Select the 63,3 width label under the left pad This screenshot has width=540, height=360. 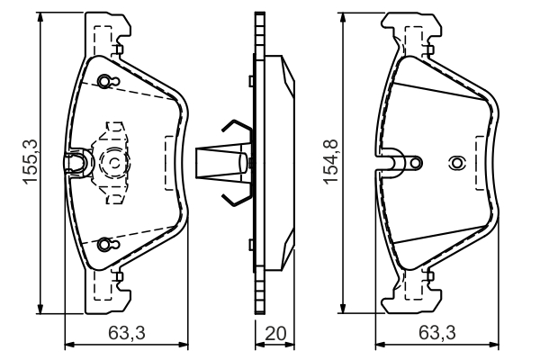pyautogui.click(x=128, y=333)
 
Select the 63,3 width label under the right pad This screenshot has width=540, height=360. pyautogui.click(x=438, y=333)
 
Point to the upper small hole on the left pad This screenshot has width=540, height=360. pyautogui.click(x=105, y=82)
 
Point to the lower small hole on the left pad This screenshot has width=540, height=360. pyautogui.click(x=105, y=243)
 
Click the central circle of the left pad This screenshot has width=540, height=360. pyautogui.click(x=114, y=163)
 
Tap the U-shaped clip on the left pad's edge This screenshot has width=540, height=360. pyautogui.click(x=76, y=162)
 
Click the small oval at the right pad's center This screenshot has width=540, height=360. pyautogui.click(x=456, y=163)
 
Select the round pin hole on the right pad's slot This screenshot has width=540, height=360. pyautogui.click(x=414, y=163)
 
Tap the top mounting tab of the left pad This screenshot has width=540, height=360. pyautogui.click(x=105, y=32)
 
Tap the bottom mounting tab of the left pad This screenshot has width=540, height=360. pyautogui.click(x=105, y=292)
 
